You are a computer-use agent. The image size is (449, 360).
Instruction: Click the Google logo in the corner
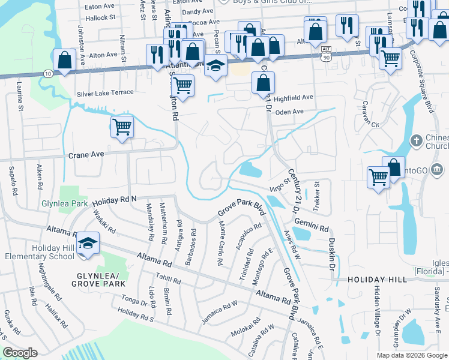tap(19, 353)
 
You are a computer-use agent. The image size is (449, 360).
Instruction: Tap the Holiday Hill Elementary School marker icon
tap(88, 243)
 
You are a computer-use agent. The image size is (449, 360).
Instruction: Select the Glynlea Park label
tap(65, 203)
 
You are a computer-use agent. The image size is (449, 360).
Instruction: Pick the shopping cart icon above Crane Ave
tap(122, 127)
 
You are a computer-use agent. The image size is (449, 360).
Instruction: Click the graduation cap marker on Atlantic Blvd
tap(215, 66)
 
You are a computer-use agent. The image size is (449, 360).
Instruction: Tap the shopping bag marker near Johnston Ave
tap(64, 60)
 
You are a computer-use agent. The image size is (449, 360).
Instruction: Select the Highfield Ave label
tap(294, 97)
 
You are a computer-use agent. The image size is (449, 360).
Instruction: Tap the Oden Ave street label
tap(289, 112)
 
